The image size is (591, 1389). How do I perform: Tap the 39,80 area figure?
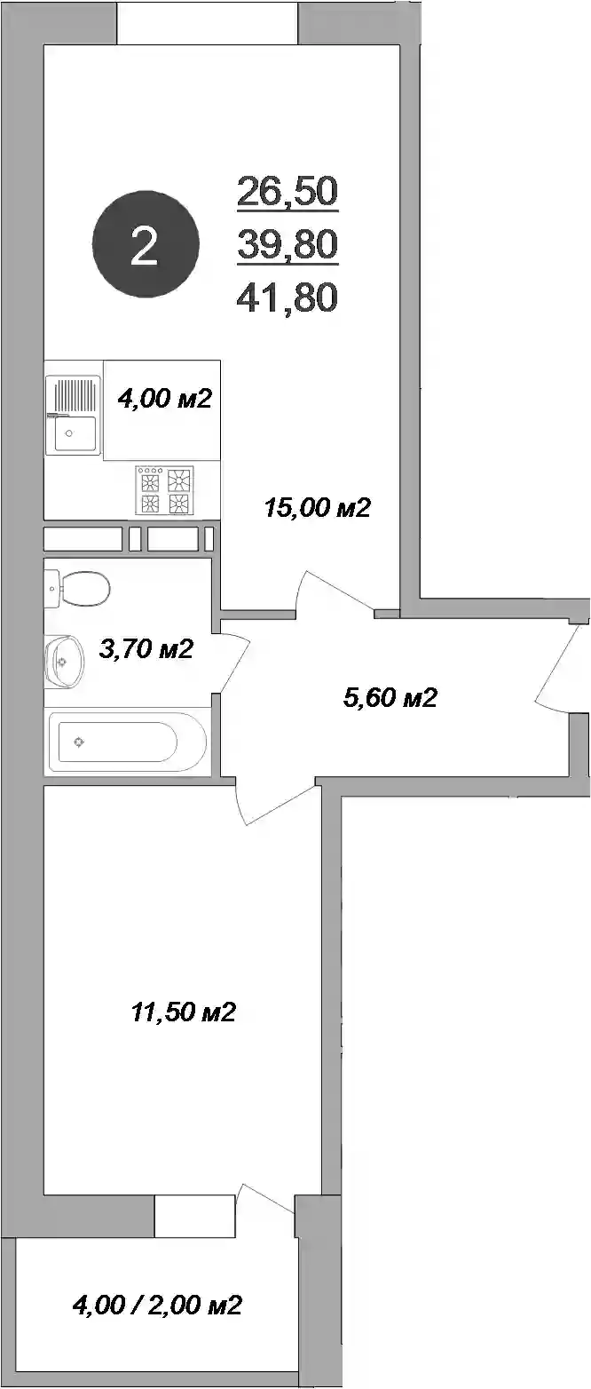288,243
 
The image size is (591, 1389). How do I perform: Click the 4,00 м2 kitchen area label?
165,398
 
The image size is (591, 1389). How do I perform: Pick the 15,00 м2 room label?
317,508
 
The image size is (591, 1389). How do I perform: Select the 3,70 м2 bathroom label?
146,648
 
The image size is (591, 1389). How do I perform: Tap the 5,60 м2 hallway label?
390,697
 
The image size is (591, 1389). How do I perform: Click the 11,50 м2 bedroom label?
184,1012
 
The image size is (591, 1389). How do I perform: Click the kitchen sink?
73,415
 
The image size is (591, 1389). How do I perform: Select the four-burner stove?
165,490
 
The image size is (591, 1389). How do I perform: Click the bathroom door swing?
235,662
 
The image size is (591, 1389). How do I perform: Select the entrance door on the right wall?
558,669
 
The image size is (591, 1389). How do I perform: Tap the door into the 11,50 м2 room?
277,804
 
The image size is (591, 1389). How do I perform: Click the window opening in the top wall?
208,22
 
